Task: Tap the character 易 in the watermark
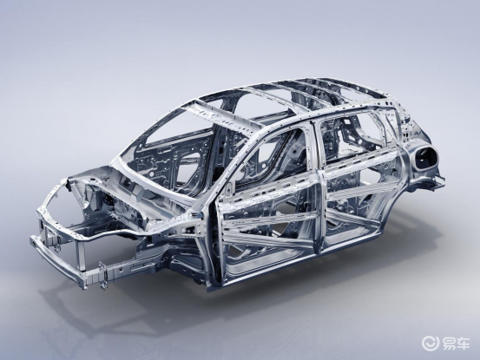tap(449, 344)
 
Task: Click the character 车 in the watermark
tap(463, 344)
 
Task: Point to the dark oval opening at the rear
tap(425, 156)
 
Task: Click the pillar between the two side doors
tap(318, 190)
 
